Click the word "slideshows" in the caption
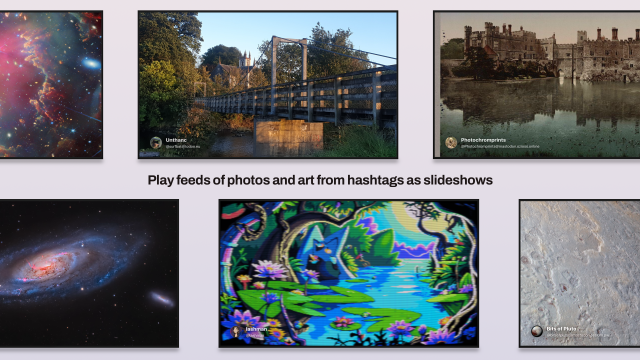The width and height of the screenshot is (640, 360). (x=451, y=180)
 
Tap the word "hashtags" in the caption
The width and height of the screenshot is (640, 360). (x=365, y=180)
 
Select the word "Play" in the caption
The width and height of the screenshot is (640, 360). (x=162, y=180)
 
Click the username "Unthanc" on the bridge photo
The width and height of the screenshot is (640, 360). (x=176, y=140)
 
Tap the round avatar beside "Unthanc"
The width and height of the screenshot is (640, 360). (x=156, y=143)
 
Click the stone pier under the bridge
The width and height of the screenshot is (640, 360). (x=288, y=136)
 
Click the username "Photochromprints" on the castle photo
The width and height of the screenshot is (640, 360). (x=486, y=139)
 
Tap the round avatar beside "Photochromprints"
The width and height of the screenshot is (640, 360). (x=451, y=142)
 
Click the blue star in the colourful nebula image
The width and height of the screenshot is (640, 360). (x=89, y=63)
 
